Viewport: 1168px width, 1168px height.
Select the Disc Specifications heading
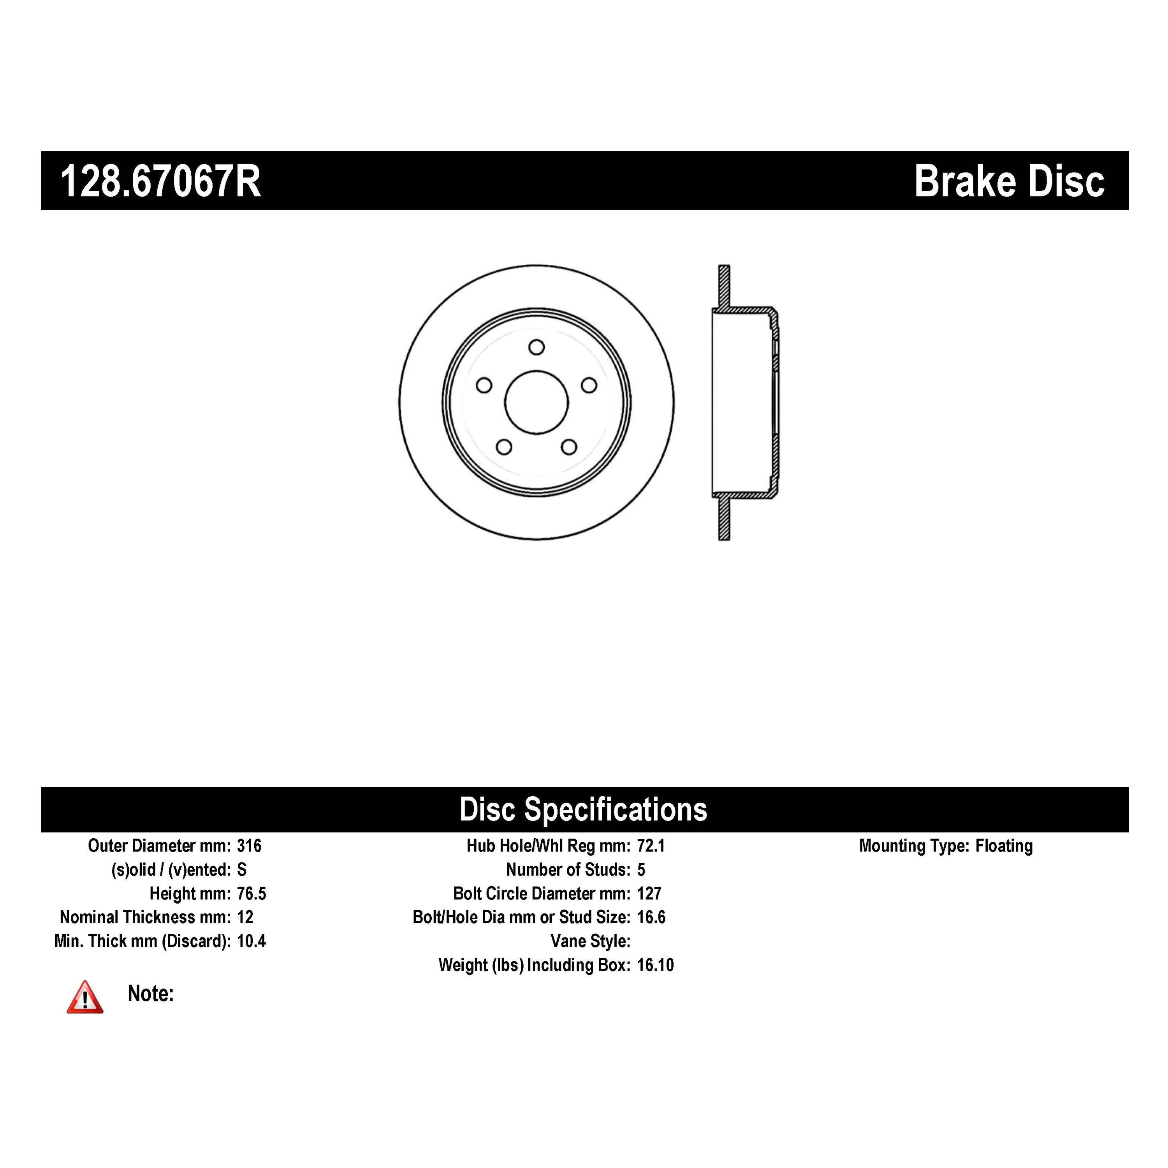[583, 809]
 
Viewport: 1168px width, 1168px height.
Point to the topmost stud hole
[536, 347]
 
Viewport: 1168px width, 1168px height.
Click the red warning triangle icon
[84, 997]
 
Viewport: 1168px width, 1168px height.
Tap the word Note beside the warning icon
[151, 993]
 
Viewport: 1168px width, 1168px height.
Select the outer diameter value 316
[249, 846]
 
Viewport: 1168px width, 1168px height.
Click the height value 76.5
[252, 894]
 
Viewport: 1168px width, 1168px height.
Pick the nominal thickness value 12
[245, 917]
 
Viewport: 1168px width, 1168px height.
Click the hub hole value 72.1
[651, 846]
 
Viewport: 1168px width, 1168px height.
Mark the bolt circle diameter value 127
[649, 894]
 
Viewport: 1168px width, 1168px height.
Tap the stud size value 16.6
[651, 917]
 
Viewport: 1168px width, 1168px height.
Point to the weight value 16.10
[655, 965]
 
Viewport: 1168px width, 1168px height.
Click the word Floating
[1004, 846]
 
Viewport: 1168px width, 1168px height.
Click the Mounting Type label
[915, 846]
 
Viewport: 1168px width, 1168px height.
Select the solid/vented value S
[242, 869]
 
